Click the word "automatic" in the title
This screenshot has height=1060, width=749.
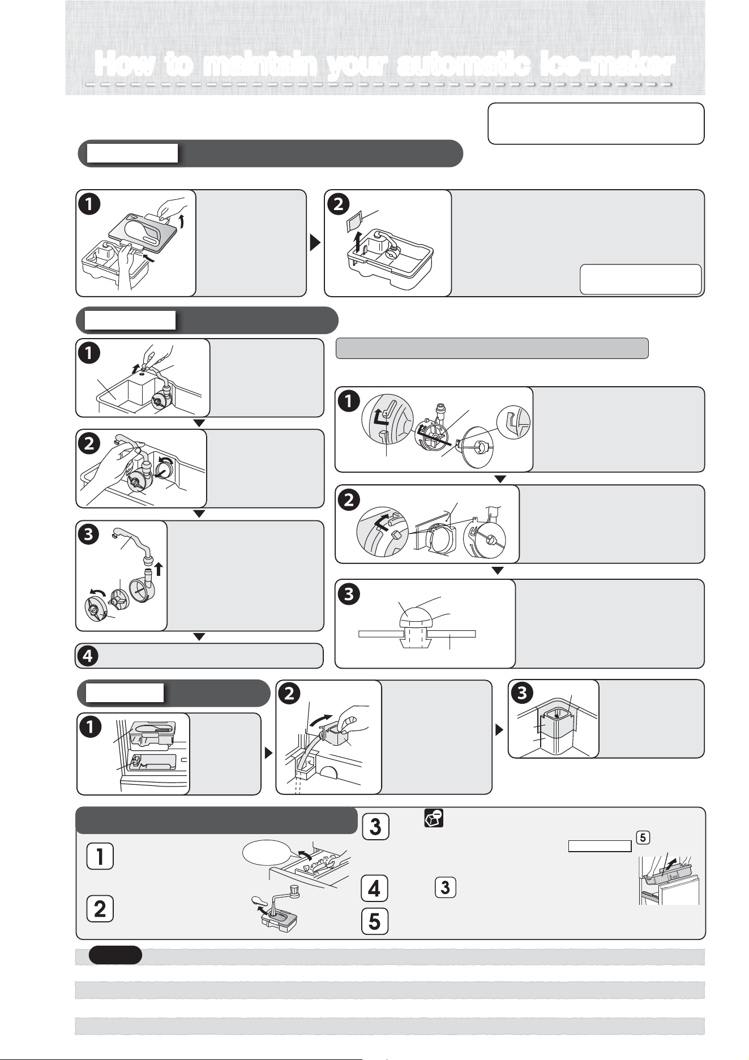click(462, 65)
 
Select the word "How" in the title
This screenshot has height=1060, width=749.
click(125, 65)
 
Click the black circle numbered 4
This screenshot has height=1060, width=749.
click(88, 656)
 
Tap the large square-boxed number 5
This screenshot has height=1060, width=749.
click(375, 920)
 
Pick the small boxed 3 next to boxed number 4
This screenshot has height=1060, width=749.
click(445, 887)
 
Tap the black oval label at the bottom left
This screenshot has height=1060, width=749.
click(115, 955)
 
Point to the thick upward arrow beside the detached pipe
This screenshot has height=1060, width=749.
click(159, 568)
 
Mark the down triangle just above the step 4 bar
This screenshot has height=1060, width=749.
click(199, 637)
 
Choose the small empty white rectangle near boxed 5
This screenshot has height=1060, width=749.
click(600, 846)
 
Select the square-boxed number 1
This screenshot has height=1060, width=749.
click(100, 856)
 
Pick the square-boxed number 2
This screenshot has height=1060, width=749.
click(100, 908)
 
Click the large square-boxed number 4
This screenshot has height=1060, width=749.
click(375, 887)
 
